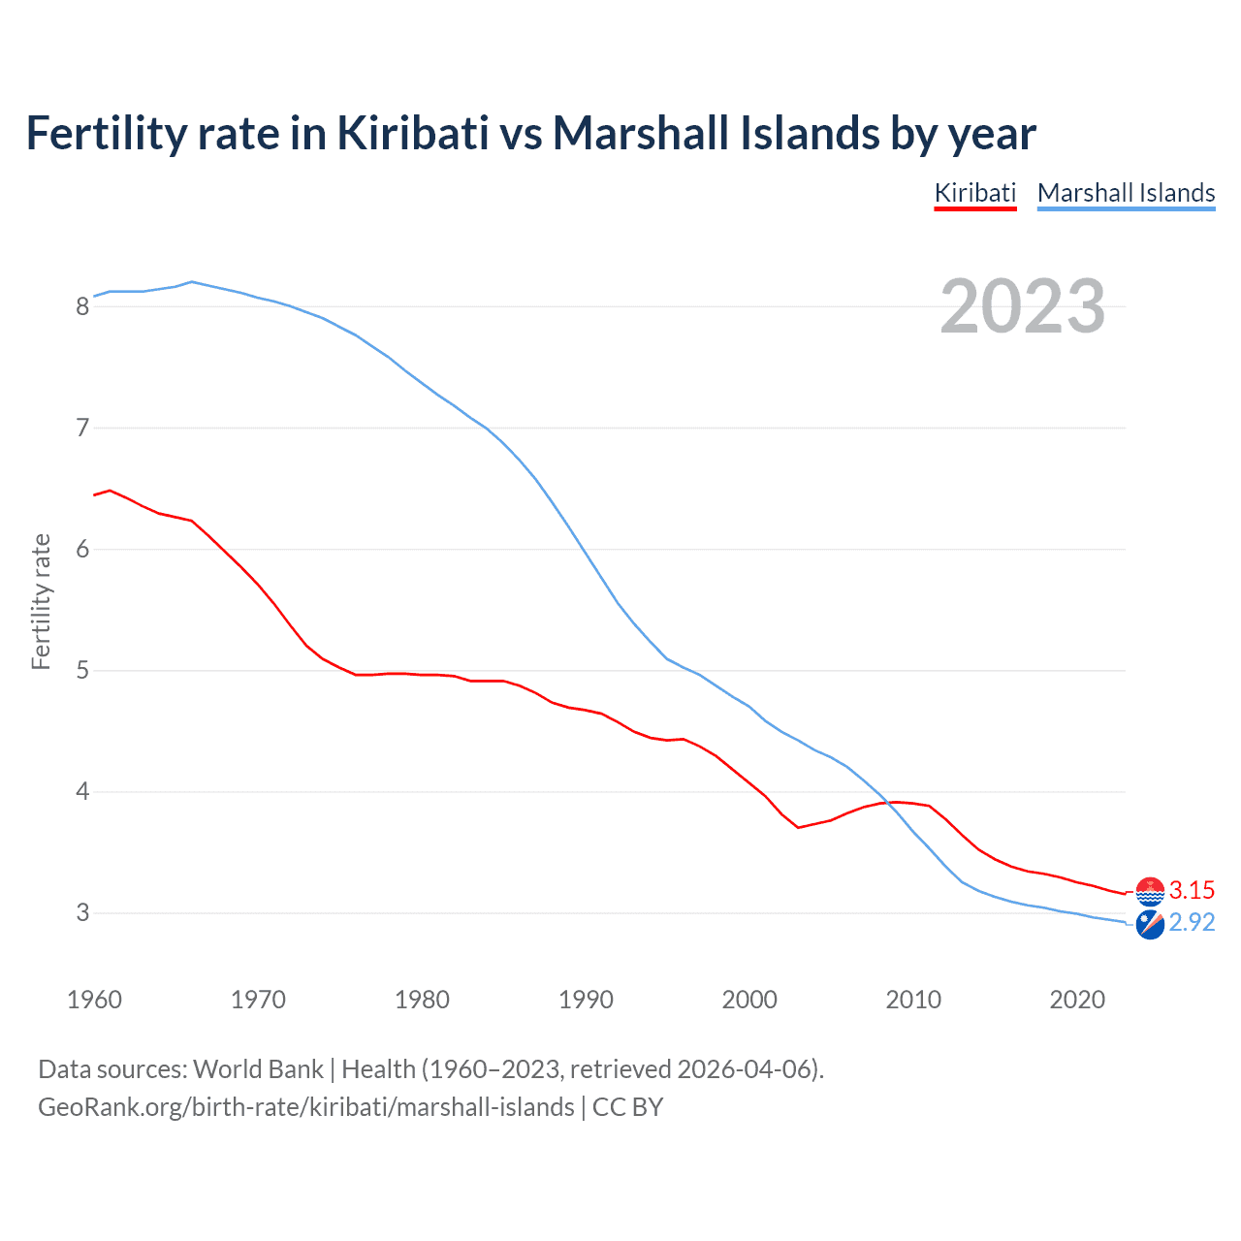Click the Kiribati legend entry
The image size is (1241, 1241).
click(974, 193)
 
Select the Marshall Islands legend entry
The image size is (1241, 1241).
click(1126, 193)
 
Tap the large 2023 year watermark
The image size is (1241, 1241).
click(1022, 306)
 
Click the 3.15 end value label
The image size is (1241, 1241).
click(1192, 890)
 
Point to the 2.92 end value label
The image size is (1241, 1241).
click(1192, 922)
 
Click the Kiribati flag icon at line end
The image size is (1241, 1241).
click(1150, 890)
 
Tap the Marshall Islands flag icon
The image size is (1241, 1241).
click(1150, 925)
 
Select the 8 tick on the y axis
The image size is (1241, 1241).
click(82, 307)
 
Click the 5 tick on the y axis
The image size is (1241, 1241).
click(82, 671)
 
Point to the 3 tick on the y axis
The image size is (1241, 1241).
click(82, 913)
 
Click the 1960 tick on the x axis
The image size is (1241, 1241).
click(94, 1000)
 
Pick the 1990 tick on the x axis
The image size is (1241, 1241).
click(586, 1000)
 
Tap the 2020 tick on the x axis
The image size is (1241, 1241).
click(1077, 1000)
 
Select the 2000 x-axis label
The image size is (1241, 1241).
click(749, 1000)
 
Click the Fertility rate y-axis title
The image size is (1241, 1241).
click(41, 601)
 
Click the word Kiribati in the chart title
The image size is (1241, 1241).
click(413, 133)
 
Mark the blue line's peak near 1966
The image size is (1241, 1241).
click(192, 281)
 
